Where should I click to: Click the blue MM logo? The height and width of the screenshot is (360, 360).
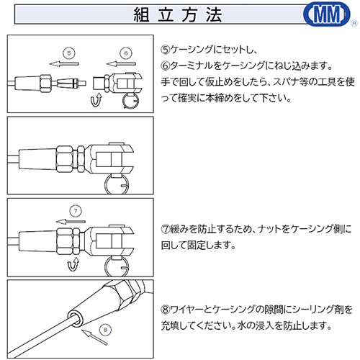[327, 14]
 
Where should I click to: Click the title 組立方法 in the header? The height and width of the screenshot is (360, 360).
[178, 14]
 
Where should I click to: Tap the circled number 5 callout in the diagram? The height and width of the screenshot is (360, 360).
[69, 53]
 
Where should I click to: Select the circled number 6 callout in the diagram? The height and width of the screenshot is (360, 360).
[126, 53]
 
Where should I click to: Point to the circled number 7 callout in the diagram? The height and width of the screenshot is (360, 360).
[76, 211]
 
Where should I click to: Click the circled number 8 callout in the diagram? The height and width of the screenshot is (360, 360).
[105, 330]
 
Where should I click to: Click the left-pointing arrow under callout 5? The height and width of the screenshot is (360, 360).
[64, 64]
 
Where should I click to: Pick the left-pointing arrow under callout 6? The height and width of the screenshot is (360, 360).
[121, 64]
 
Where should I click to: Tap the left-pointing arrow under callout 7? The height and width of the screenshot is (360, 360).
[71, 222]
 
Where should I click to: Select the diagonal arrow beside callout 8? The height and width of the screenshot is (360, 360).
[94, 337]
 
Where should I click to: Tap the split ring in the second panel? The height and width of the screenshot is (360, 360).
[106, 185]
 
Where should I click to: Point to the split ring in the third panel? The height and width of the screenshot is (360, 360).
[106, 267]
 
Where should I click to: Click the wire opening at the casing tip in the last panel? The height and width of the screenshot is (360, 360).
[75, 318]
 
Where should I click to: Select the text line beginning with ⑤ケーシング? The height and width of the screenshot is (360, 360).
[209, 50]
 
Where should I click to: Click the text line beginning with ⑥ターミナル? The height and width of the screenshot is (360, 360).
[246, 66]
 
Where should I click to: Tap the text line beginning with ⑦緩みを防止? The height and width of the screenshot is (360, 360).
[256, 229]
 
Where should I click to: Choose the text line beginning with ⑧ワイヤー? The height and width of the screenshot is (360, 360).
[256, 310]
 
